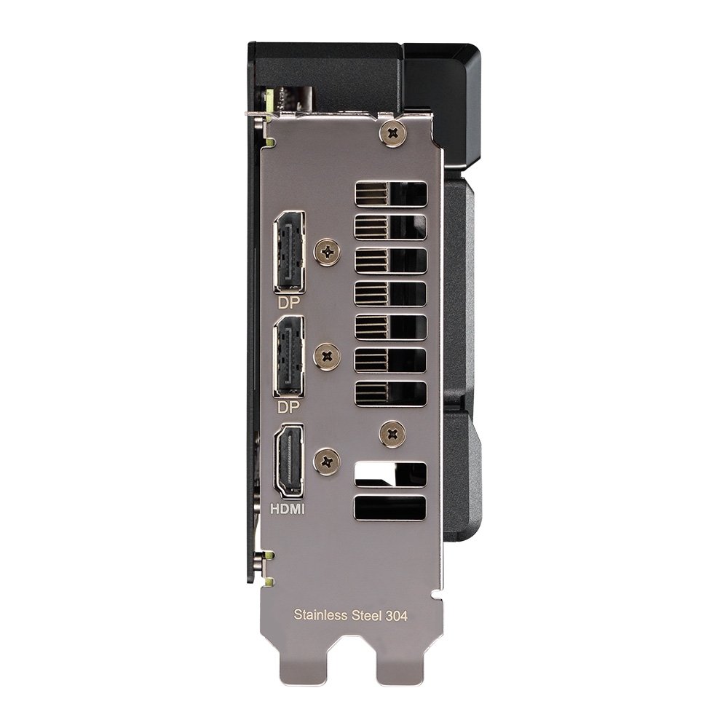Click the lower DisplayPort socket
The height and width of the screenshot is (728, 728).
290,357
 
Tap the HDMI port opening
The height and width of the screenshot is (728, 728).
290,462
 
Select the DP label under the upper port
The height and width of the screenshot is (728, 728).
289,303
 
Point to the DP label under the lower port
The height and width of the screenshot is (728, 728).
289,408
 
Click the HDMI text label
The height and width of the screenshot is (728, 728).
288,510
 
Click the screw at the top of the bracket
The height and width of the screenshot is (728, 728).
393,134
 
